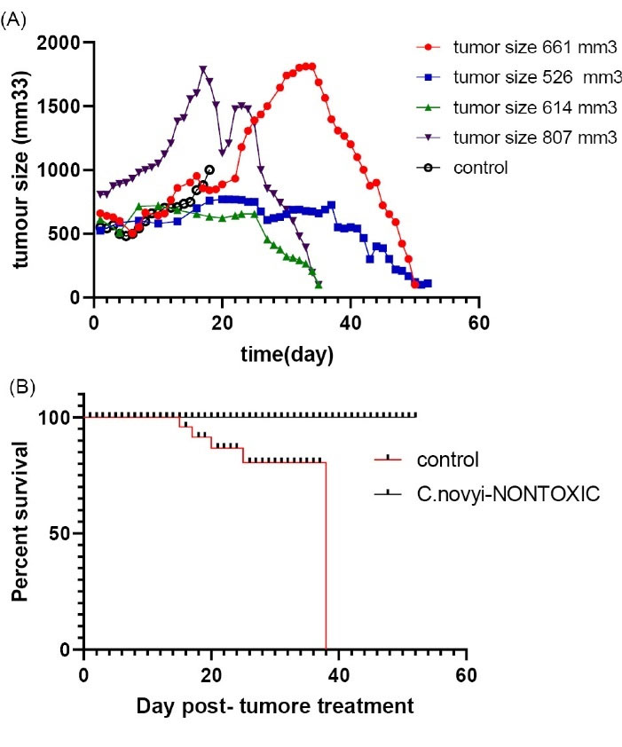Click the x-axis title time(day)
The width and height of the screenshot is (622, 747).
(286, 356)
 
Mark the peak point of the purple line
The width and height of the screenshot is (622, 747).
(203, 69)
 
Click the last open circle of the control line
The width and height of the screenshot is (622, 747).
(209, 169)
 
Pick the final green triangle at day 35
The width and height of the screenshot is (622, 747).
(319, 284)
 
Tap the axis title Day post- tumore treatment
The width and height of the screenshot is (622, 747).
(275, 707)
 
